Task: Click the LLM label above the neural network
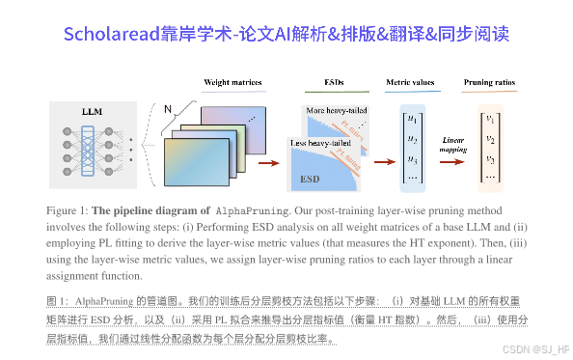coord(93,112)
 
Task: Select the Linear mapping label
coord(454,145)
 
